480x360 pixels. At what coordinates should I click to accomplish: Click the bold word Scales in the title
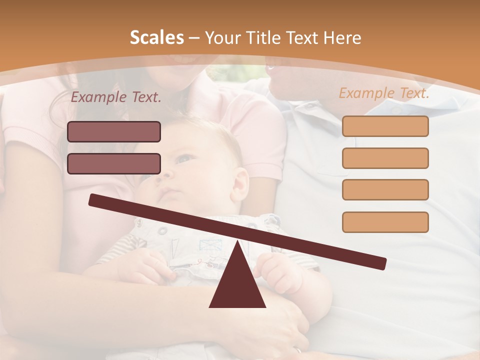(x=156, y=38)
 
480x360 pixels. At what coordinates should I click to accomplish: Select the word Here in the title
(x=342, y=38)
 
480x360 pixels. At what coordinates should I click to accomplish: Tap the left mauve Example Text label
(x=116, y=97)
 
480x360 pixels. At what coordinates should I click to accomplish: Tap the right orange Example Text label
(x=384, y=93)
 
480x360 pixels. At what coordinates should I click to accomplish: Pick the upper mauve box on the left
(x=114, y=131)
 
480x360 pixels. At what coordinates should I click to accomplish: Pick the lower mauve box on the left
(x=114, y=163)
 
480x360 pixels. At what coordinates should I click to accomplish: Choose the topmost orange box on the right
(x=385, y=126)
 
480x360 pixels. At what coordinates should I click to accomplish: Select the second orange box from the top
(x=385, y=158)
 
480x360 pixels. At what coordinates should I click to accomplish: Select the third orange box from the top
(x=385, y=189)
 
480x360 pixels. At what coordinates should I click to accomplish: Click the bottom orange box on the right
(x=385, y=222)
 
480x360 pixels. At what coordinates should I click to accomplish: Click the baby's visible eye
(x=185, y=159)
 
